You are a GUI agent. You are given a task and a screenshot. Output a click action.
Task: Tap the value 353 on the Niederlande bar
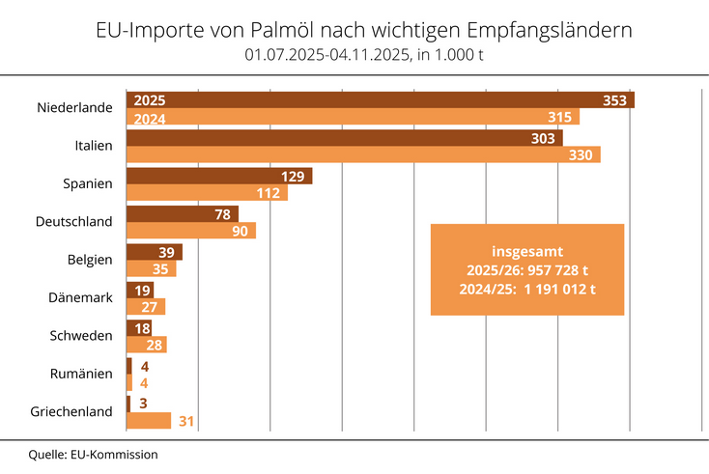coord(614,100)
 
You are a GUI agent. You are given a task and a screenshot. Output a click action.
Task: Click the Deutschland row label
coord(73,221)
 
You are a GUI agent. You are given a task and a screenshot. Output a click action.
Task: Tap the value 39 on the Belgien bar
coord(165,251)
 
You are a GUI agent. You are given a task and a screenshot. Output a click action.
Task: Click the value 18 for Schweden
coord(140,327)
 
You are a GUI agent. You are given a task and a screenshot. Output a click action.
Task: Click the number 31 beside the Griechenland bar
coord(186,420)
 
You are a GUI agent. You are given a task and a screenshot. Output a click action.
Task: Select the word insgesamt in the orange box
coord(527,250)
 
